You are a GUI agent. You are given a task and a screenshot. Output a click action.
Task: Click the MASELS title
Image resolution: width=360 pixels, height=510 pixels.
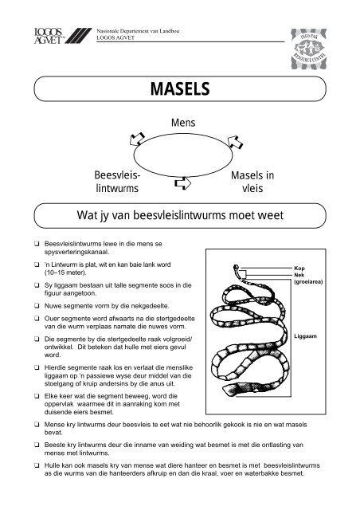point(181,88)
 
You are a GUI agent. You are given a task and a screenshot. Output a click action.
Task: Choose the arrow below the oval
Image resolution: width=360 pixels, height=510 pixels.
point(183,184)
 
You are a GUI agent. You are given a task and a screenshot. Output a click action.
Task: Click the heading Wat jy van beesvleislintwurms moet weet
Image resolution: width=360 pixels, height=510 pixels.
point(181,214)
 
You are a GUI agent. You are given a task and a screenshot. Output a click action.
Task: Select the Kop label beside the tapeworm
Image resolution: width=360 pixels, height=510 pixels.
point(299,269)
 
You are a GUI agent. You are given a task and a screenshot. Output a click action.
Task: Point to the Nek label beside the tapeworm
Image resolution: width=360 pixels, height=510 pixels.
point(299,275)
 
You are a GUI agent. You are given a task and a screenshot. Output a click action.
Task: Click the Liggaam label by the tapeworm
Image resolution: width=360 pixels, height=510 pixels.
point(306,337)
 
